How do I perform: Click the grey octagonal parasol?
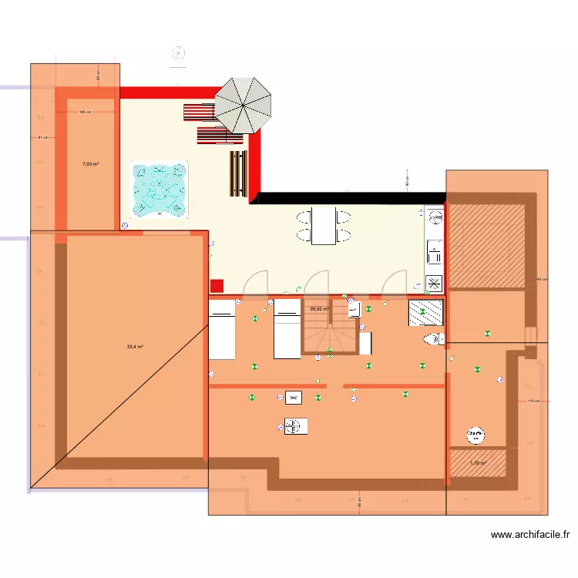243,106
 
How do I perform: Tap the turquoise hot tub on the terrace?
159,189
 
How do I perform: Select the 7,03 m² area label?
90,164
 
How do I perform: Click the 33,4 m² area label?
135,347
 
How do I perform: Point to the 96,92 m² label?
319,309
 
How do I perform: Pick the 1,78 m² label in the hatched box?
478,463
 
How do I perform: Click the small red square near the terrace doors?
217,285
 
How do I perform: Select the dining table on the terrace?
324,225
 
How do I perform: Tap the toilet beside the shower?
432,339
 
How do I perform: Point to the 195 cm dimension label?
86,112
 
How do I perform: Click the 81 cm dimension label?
43,138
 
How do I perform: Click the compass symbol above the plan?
178,53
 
